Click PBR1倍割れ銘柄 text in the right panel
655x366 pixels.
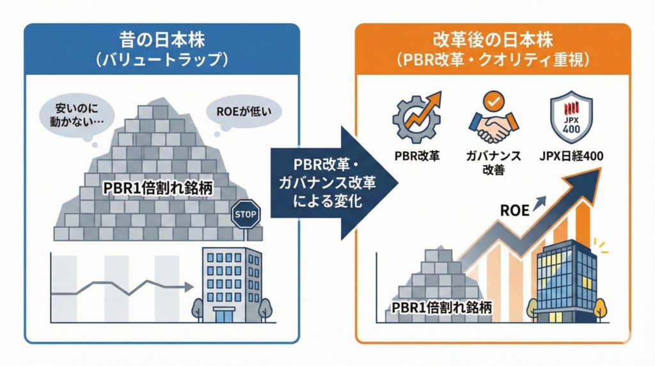(x=441, y=306)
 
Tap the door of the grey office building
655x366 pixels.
(x=224, y=315)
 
